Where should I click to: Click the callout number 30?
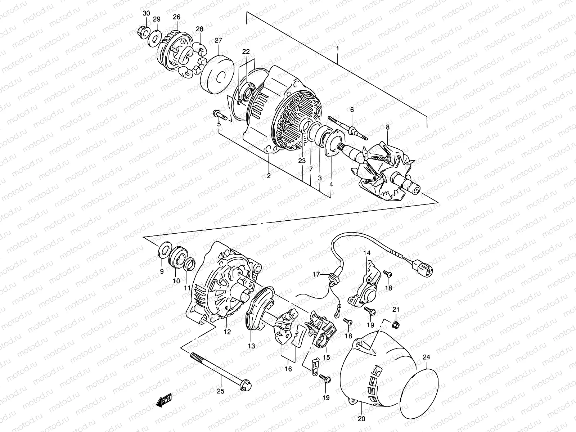tap(146, 14)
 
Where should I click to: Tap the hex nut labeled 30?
tap(142, 32)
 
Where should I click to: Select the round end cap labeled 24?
tap(419, 390)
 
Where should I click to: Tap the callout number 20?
tap(361, 419)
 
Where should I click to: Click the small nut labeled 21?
tap(395, 324)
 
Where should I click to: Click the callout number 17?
tap(316, 274)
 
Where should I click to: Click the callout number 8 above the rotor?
tap(387, 127)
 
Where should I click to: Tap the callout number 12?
tap(227, 332)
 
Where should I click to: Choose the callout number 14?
tap(366, 253)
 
